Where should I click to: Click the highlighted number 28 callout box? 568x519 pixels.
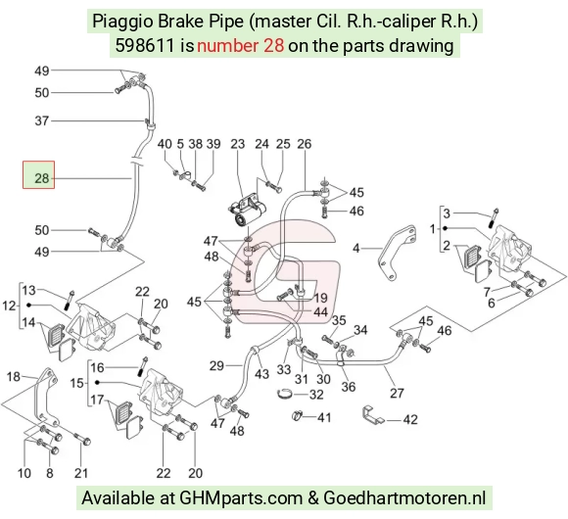click(x=39, y=175)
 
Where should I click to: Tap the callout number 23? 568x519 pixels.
click(x=238, y=144)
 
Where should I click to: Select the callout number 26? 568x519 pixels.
click(x=305, y=144)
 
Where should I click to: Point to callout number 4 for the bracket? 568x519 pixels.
click(x=356, y=249)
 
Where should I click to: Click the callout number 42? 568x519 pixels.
click(x=410, y=420)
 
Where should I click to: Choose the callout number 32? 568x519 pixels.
click(x=316, y=395)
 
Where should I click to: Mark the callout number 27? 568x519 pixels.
click(x=397, y=394)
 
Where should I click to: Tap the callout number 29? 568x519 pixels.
click(x=216, y=366)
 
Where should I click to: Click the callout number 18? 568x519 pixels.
click(x=14, y=377)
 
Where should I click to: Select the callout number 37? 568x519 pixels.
click(x=42, y=120)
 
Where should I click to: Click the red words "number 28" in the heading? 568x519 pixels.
click(x=240, y=46)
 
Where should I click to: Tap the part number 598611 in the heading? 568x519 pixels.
click(x=145, y=46)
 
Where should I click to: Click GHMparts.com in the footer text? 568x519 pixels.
click(x=241, y=498)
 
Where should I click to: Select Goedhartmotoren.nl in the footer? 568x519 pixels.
click(x=404, y=498)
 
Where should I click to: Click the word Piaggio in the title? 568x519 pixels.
click(x=122, y=22)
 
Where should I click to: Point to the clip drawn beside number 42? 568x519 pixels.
click(x=373, y=414)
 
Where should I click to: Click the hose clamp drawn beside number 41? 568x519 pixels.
click(x=297, y=416)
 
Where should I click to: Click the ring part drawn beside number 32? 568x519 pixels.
click(x=285, y=393)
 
